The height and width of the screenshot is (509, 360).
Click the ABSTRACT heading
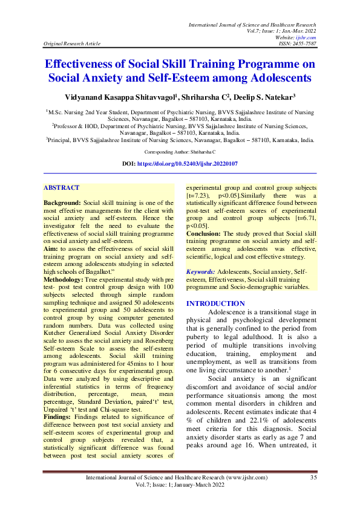[x=62, y=188]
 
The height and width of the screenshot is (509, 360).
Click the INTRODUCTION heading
[x=215, y=303]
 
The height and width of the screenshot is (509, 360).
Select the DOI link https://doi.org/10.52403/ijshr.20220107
[x=189, y=164]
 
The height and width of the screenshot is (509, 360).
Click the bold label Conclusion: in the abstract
[x=204, y=233]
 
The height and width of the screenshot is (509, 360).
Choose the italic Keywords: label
[x=201, y=273]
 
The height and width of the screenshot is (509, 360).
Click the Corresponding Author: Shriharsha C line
[x=180, y=153]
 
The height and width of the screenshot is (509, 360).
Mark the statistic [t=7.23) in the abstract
[x=198, y=197]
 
